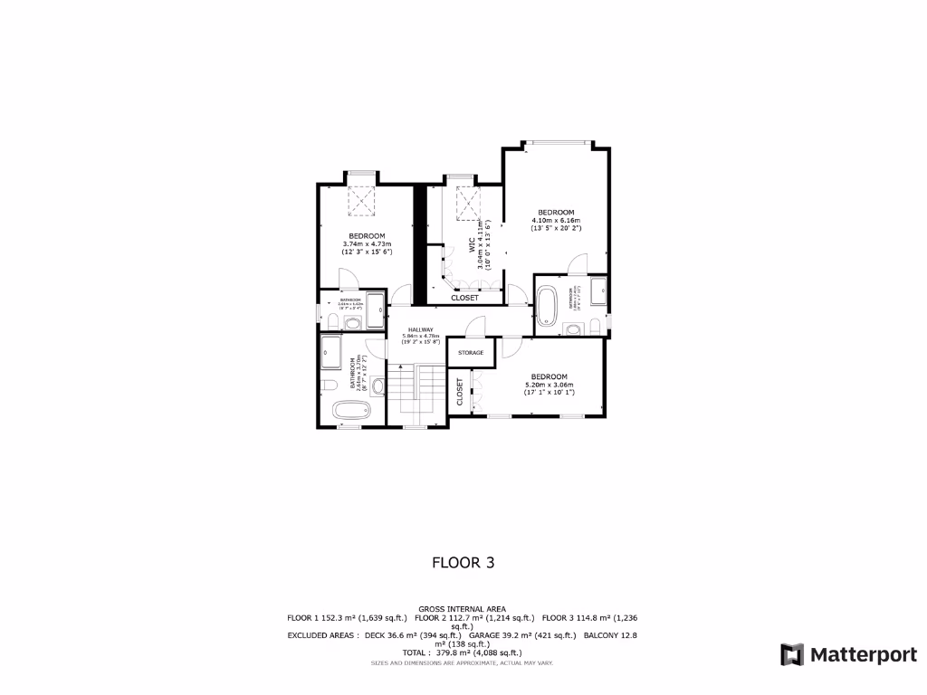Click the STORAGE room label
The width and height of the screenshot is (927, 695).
tap(471, 352)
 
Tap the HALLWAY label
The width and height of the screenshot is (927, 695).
tap(420, 329)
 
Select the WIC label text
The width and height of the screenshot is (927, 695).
tap(472, 245)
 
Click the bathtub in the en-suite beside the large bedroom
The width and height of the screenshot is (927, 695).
tap(546, 305)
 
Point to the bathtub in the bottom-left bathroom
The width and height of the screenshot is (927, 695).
tap(349, 410)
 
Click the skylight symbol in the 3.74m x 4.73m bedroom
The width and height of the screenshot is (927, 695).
tap(362, 201)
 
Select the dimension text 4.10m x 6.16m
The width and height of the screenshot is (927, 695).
tap(556, 220)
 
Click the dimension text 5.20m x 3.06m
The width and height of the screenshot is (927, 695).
tap(550, 385)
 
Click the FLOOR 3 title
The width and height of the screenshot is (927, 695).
tap(463, 562)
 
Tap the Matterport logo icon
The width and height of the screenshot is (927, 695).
tap(792, 654)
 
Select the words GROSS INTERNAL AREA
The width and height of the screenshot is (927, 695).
tap(463, 609)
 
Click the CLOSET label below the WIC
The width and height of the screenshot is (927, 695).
tap(465, 297)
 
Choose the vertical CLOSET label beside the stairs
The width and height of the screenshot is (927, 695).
tap(460, 392)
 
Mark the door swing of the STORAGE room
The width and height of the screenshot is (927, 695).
tap(477, 326)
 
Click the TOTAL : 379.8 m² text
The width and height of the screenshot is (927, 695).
tap(463, 652)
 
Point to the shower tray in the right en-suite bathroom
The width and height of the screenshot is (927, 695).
tap(598, 290)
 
